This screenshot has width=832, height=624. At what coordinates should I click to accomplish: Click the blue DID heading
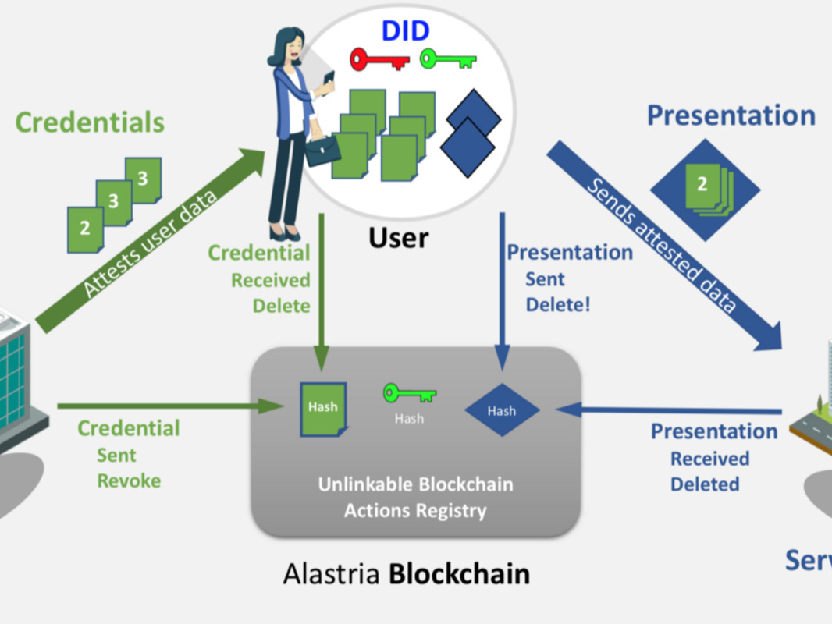(x=405, y=30)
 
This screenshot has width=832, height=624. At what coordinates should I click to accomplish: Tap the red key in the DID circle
(x=379, y=59)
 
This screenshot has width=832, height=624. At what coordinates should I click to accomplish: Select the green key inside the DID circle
(x=448, y=59)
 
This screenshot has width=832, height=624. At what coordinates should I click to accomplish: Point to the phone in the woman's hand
(x=329, y=79)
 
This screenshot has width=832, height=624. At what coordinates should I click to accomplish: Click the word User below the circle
(x=399, y=237)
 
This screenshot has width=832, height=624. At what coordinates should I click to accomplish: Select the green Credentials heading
(x=90, y=122)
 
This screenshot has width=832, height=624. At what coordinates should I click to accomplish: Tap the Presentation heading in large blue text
(x=731, y=115)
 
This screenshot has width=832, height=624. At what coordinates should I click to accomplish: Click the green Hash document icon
(x=322, y=408)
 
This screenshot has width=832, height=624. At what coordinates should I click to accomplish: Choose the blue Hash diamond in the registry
(x=502, y=410)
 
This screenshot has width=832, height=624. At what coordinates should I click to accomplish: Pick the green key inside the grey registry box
(x=410, y=393)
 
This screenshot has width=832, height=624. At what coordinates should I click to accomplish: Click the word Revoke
(x=129, y=481)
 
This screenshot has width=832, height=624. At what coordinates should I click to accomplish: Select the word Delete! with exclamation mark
(x=558, y=304)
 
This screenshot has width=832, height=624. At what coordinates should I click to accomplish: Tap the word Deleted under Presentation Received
(x=705, y=484)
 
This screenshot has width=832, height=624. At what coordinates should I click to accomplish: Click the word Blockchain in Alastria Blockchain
(x=459, y=574)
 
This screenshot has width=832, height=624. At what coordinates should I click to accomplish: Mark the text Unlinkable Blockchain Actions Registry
(x=415, y=498)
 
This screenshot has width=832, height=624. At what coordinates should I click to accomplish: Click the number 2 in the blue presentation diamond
(x=702, y=184)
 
